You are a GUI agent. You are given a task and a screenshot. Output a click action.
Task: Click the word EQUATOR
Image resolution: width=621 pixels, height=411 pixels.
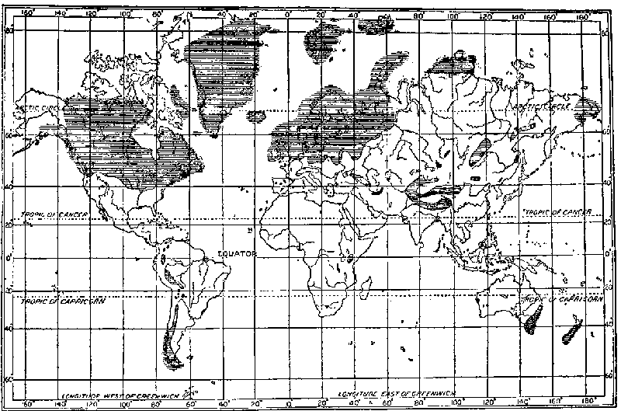(233, 253)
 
